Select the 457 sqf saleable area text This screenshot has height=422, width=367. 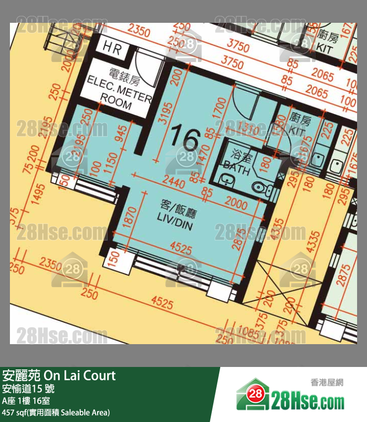[x=56, y=412]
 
